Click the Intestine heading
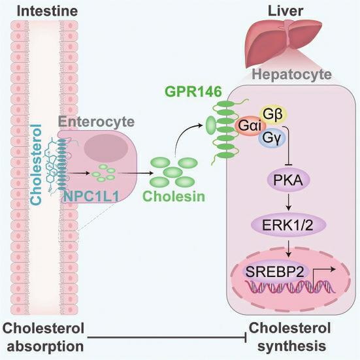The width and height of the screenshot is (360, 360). tap(47, 11)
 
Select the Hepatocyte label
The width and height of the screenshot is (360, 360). tap(291, 74)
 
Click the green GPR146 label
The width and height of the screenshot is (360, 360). tap(193, 91)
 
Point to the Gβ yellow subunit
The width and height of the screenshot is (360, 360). tap(273, 114)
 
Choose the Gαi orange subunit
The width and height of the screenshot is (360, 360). tap(250, 126)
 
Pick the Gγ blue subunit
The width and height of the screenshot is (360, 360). tap(272, 138)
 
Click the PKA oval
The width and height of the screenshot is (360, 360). tap(288, 180)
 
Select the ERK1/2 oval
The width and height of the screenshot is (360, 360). tap(288, 225)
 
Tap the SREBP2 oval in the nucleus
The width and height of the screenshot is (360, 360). tap(275, 272)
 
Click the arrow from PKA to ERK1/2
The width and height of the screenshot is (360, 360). tap(289, 202)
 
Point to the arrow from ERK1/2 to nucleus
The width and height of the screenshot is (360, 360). tap(289, 248)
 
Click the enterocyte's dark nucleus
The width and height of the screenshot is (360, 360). tap(106, 148)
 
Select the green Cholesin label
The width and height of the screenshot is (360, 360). tap(174, 196)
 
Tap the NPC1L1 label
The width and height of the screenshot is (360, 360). tap(91, 196)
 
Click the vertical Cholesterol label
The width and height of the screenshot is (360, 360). tap(37, 164)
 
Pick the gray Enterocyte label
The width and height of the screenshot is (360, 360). tap(96, 122)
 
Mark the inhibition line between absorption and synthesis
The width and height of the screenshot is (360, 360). tap(167, 337)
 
